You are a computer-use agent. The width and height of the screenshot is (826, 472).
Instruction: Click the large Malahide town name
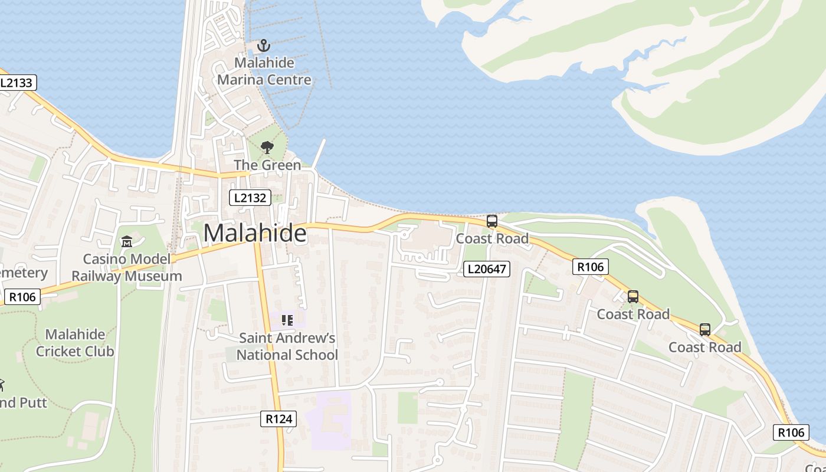pos(255,234)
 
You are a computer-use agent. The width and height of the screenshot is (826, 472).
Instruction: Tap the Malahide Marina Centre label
pos(264,71)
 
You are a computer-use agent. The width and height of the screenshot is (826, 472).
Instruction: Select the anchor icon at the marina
pos(264,45)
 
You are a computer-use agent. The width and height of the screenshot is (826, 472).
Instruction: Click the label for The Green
pos(267,165)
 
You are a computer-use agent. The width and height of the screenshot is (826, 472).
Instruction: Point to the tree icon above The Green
pos(267,147)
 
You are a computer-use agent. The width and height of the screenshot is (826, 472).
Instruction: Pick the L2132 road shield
pos(250,198)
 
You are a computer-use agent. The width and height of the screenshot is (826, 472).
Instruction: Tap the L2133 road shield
pos(16,83)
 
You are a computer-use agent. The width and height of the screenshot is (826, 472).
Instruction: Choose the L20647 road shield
pos(486,269)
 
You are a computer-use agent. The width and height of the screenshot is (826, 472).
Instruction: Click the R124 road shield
pos(278,419)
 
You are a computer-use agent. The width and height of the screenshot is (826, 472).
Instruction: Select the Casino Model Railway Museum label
pos(127,267)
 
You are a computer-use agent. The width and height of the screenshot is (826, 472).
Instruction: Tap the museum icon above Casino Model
pos(127,242)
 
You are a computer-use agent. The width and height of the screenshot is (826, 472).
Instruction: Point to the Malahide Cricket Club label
pos(75,343)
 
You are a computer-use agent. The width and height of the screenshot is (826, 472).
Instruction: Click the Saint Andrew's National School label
pos(287,346)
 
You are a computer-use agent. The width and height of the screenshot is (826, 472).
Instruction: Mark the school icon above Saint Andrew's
pos(287,320)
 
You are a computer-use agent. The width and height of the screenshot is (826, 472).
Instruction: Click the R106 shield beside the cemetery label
pos(22,297)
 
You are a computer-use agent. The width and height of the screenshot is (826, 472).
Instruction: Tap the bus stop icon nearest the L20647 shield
pos(492,221)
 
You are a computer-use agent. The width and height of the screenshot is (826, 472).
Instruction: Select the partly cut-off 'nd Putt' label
pos(24,403)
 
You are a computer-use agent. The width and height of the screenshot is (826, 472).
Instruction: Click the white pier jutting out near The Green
pos(319,155)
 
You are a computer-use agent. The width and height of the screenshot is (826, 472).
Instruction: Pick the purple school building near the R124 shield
pos(328,419)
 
